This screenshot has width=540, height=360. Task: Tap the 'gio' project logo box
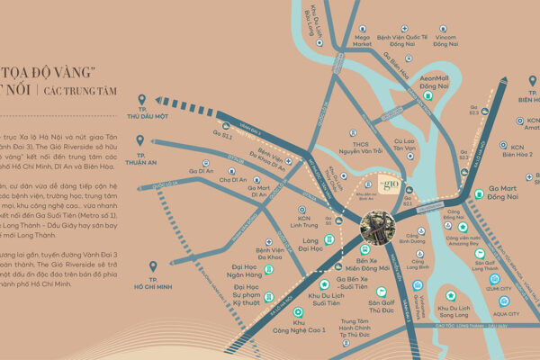point(388,186)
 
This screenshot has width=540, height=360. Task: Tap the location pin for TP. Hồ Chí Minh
point(152,267)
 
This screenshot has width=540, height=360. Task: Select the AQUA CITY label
point(507,313)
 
